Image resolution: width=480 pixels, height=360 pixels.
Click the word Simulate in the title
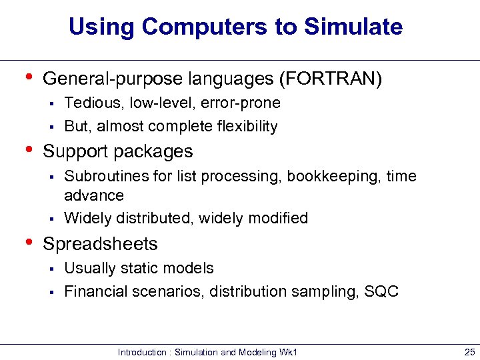[x=353, y=27]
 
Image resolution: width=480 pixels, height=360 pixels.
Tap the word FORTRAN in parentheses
[x=332, y=79]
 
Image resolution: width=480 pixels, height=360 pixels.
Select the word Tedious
[x=89, y=103]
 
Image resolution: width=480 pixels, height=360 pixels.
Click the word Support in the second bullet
[x=76, y=151]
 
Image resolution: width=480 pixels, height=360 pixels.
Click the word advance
[x=94, y=195]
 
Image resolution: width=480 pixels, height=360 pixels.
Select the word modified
[x=278, y=218]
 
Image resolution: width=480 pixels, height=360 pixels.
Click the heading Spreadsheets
[x=100, y=244]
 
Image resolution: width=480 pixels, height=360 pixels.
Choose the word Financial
[x=93, y=291]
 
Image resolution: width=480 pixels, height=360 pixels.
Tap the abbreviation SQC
[x=381, y=291]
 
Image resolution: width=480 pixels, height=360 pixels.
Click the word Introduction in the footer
[x=141, y=352]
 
